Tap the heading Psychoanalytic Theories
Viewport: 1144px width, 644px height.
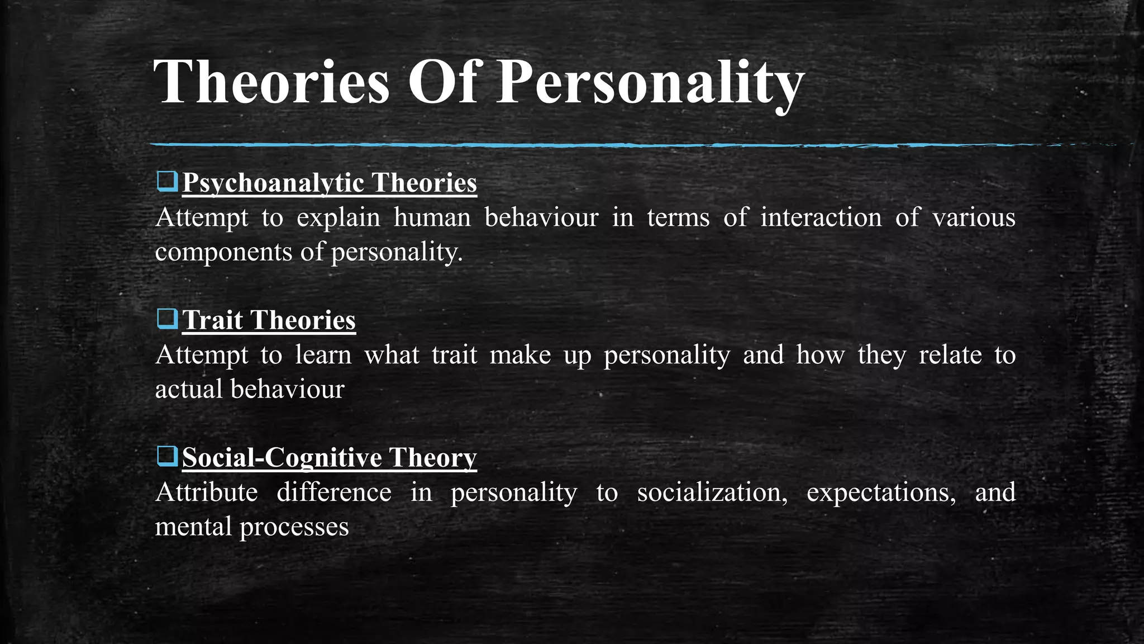click(330, 183)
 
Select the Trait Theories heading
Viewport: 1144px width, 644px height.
click(269, 320)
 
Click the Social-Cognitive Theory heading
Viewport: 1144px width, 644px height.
click(330, 458)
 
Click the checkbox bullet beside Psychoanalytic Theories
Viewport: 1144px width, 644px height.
click(167, 182)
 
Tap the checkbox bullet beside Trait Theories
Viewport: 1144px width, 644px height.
click(167, 319)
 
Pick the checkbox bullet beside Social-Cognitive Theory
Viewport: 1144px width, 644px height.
click(167, 457)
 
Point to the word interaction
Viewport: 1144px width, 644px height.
click(821, 217)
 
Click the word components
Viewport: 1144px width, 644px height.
click(223, 252)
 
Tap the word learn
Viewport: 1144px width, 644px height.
click(323, 355)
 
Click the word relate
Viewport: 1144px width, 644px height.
click(950, 355)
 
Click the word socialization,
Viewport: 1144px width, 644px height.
click(712, 493)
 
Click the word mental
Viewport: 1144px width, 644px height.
click(193, 527)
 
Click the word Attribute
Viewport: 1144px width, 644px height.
click(206, 493)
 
